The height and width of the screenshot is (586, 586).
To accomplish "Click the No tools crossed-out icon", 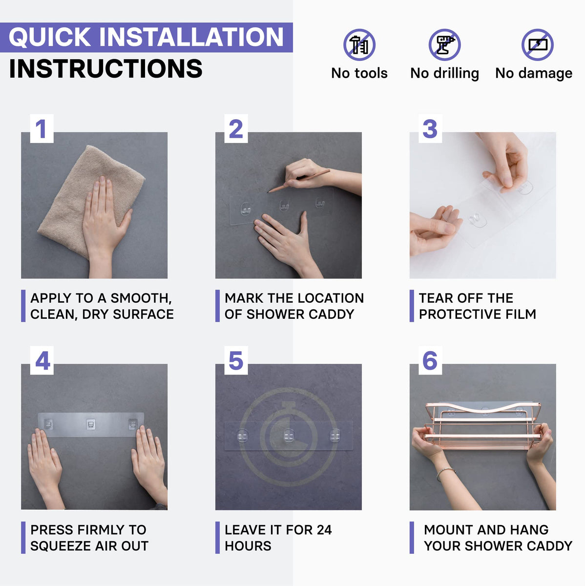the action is coord(359,45).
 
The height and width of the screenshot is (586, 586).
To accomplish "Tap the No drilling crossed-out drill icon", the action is coord(444,45).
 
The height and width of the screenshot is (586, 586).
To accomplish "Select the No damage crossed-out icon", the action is coord(537,45).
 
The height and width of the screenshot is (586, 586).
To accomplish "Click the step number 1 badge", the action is coord(42,128).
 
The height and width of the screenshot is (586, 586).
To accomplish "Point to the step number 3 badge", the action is coord(430,128).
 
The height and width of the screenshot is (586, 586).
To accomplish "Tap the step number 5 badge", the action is coord(236,360).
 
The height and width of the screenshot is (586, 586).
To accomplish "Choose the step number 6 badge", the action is coord(430,360).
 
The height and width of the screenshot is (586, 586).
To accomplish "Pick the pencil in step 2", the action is coord(298,181).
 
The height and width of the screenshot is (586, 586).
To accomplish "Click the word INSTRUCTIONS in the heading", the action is coord(106,68).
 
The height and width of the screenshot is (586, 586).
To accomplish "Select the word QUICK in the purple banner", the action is coord(50,37).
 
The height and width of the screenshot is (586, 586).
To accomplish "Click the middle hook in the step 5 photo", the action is coord(288,436).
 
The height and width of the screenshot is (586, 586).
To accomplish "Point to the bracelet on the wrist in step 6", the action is coord(445,473).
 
